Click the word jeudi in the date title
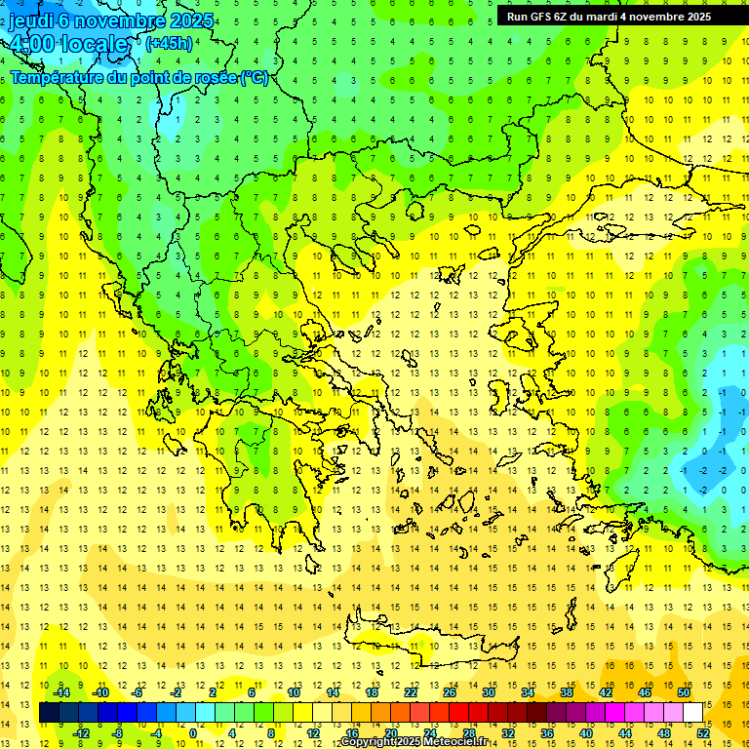coord(33,20)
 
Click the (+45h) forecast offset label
coord(168,43)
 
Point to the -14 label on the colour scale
coord(61,692)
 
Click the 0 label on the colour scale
coord(192,733)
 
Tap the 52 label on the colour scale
coord(703,733)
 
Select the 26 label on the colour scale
coord(449,692)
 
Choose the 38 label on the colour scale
coord(566,692)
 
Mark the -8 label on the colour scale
coord(118,733)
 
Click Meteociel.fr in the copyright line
coord(462,742)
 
